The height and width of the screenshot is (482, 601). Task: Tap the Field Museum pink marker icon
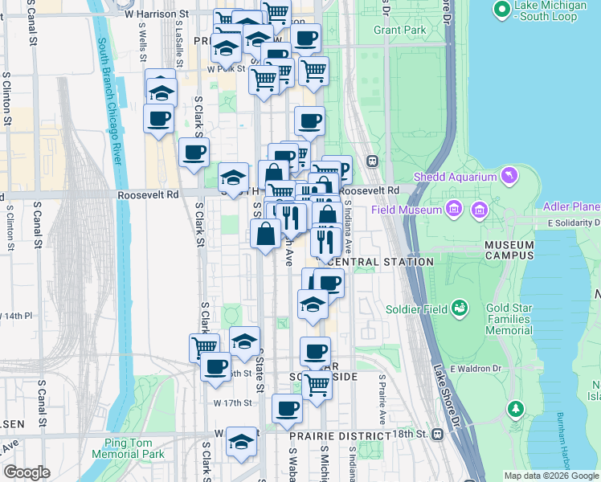coord(454,210)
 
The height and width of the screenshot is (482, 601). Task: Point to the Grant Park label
coord(399,31)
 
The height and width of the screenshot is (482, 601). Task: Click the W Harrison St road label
coord(156,14)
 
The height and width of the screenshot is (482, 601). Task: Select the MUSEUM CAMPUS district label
coord(509,250)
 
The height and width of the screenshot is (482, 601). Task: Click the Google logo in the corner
coord(27,472)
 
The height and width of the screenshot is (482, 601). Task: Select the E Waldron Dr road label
coord(476,368)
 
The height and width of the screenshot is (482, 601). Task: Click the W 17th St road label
coord(233,402)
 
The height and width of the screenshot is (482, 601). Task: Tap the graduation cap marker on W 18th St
coord(241,443)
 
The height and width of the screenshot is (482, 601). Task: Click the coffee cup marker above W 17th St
coord(287,408)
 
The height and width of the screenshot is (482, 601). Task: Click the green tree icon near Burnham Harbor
coord(515,409)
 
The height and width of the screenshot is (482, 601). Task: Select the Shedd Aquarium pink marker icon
coord(508,174)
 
